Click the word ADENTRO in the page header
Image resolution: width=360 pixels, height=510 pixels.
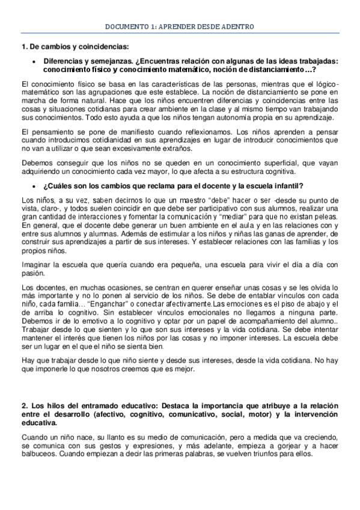pyautogui.click(x=236, y=27)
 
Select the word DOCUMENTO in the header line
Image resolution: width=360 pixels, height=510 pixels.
pyautogui.click(x=125, y=27)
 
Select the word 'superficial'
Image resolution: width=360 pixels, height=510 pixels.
pyautogui.click(x=245, y=163)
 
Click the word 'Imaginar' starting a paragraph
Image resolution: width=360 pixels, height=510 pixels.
pyautogui.click(x=35, y=265)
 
